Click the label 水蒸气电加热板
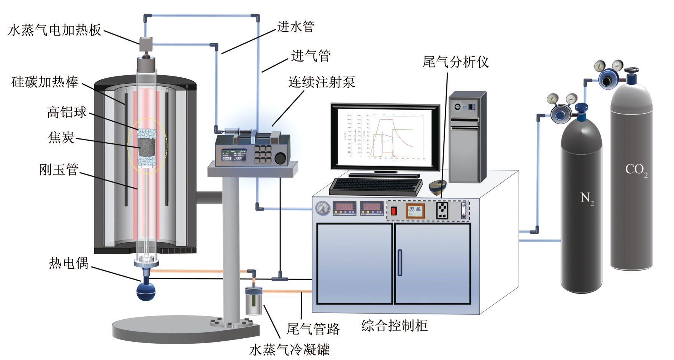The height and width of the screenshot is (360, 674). point(55,30)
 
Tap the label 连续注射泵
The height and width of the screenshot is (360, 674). point(322,82)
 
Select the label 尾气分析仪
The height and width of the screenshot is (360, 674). point(455,62)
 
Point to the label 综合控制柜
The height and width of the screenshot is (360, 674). point(394,325)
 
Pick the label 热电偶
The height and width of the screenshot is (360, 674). point(68,263)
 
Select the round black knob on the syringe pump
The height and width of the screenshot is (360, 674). point(280,158)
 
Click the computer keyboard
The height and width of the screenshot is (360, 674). point(376,186)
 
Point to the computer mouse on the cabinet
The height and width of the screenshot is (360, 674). point(438,187)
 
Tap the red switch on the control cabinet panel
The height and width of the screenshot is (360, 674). point(394,211)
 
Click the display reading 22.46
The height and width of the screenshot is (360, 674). point(415,210)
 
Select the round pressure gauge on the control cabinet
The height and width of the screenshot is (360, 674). point(323,208)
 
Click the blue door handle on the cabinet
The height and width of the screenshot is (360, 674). point(400,263)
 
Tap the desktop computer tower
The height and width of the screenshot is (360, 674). point(467,137)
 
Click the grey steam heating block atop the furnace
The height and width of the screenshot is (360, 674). point(146,44)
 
